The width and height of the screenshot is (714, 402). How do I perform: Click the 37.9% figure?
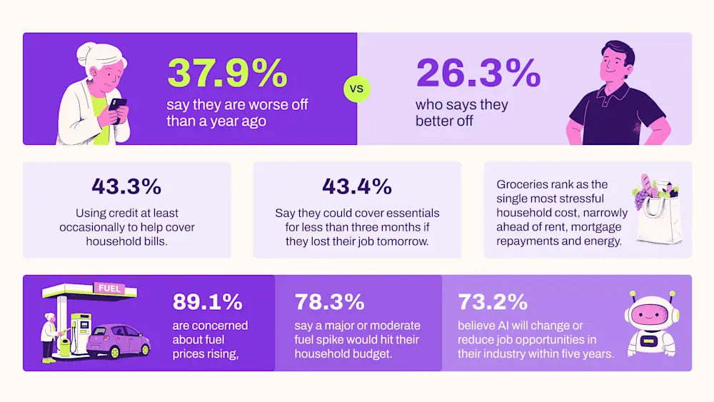pos(227,73)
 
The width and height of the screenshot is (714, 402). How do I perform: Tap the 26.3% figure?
pos(478,73)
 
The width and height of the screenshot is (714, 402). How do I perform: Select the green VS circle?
pos(356,89)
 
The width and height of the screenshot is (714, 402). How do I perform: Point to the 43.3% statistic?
pos(126,186)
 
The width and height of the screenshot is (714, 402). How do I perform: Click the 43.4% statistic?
pos(357,186)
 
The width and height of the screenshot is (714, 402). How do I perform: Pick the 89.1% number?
pos(208,301)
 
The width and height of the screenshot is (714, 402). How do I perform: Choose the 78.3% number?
pos(329,301)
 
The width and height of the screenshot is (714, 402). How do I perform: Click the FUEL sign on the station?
pos(109,288)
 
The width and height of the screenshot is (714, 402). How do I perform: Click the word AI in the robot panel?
pos(508,326)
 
